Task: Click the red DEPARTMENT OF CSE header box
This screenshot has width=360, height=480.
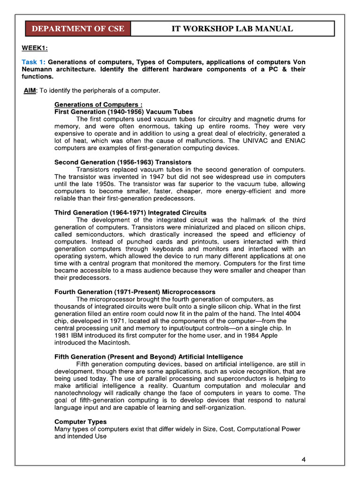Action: coord(78,29)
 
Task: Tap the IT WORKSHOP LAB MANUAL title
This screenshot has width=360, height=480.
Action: coord(232,29)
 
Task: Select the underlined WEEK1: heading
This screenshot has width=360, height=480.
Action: coord(35,48)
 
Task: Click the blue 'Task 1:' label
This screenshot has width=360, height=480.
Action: coord(34,62)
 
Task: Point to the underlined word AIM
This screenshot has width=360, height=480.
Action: coord(30,90)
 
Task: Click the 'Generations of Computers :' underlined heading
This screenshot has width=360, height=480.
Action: coord(98,104)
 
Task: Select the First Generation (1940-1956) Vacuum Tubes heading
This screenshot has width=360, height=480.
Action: coord(123,112)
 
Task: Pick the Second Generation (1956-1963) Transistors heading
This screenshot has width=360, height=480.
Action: coord(123,162)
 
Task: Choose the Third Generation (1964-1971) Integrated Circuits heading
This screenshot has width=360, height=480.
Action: coord(130,213)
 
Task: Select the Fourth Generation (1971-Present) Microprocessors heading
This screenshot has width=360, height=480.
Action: coord(135,292)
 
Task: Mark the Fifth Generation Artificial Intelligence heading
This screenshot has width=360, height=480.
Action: coord(149,357)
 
